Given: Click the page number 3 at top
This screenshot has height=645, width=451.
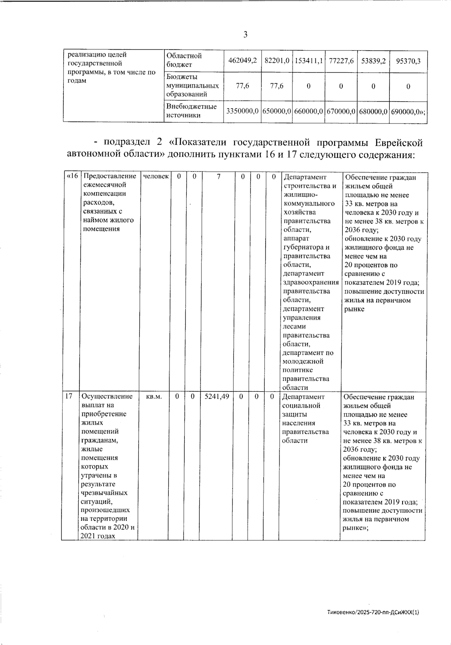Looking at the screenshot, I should (x=245, y=35).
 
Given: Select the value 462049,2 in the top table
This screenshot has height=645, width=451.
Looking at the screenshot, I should (x=242, y=60).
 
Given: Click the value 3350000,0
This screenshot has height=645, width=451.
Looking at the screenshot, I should (x=242, y=111).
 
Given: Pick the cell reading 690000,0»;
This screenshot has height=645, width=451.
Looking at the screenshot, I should (x=409, y=111).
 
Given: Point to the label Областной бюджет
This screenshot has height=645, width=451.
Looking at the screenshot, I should (x=184, y=60).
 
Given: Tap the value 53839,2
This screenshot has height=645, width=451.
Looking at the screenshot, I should (x=373, y=60).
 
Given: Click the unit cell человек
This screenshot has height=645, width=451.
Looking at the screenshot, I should (x=156, y=177).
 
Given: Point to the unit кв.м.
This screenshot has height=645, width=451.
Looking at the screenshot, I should (x=153, y=396).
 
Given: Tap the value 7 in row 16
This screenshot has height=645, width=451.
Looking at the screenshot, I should (x=219, y=177).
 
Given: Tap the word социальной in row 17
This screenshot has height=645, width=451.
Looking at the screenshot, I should (x=301, y=406).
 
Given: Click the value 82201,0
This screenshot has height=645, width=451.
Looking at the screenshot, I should (x=277, y=60).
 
